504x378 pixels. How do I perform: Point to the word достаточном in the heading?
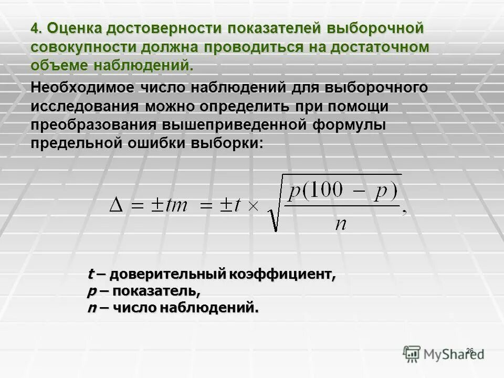[x=379, y=47]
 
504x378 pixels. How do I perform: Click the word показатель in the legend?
[x=155, y=291]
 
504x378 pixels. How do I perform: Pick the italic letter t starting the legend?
[x=90, y=274]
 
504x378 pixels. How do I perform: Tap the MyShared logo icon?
[x=413, y=354]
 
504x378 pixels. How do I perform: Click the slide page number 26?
[x=470, y=350]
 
